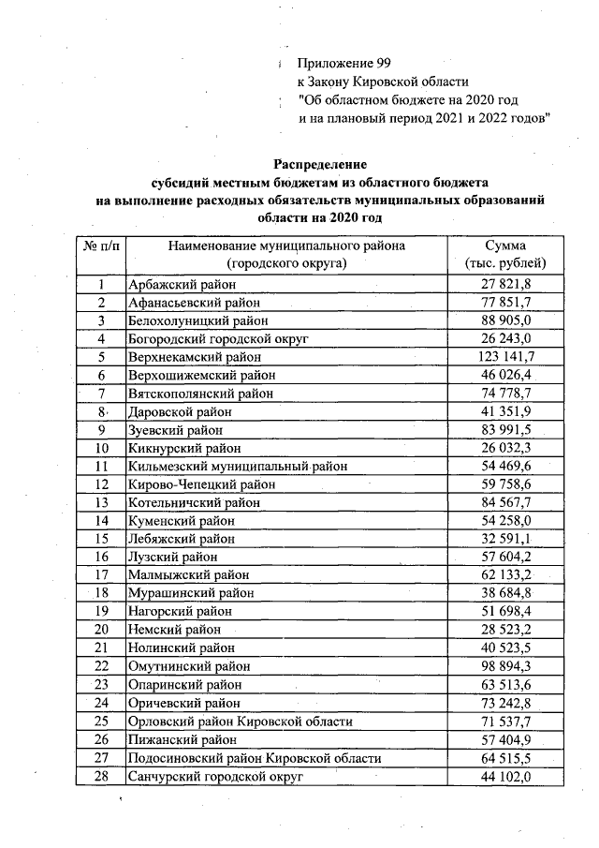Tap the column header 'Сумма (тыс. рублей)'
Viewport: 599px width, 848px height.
[x=505, y=254]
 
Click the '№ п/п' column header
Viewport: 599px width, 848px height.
[x=100, y=245]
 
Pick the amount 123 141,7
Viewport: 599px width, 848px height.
[x=506, y=357]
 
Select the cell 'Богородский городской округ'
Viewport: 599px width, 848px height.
[x=217, y=338]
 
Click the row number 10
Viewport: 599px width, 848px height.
[x=100, y=447]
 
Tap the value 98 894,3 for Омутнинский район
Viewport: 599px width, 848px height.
[x=506, y=665]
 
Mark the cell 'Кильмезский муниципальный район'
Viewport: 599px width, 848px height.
[x=237, y=466]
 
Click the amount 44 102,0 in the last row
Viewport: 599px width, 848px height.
[x=506, y=776]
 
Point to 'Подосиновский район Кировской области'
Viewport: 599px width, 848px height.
[x=254, y=757]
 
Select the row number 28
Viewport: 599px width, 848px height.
[x=100, y=776]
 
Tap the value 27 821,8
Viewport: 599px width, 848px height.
[x=506, y=285]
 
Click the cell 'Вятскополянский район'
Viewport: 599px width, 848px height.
[x=200, y=394]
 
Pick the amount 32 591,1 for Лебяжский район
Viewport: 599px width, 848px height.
[x=506, y=539]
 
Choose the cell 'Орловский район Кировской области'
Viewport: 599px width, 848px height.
[x=240, y=721]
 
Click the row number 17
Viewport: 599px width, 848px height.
[x=100, y=575]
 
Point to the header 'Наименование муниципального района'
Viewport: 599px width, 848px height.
[x=286, y=245]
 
